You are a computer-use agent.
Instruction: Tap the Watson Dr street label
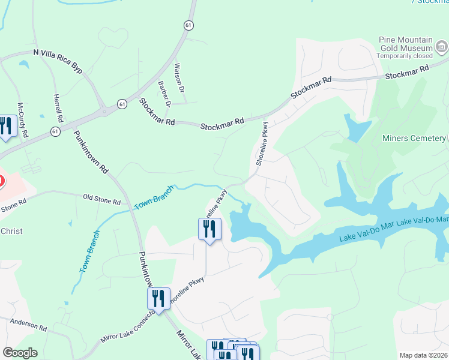tap(178, 79)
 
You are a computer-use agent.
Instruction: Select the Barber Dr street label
tap(164, 94)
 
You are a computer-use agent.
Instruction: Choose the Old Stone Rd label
tap(101, 197)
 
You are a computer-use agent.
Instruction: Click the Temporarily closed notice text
tap(405, 56)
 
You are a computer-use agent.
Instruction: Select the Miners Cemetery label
tap(414, 139)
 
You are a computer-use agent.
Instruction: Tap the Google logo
tap(20, 353)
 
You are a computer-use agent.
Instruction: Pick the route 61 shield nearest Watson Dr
tap(189, 25)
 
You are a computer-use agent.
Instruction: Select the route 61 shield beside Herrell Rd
tap(55, 131)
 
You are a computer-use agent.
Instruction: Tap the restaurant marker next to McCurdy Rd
tap(6, 126)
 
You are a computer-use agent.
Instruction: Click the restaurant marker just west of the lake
tap(209, 229)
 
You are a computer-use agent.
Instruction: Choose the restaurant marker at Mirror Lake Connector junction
tap(158, 298)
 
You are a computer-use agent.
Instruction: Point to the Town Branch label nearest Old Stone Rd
tap(153, 197)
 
